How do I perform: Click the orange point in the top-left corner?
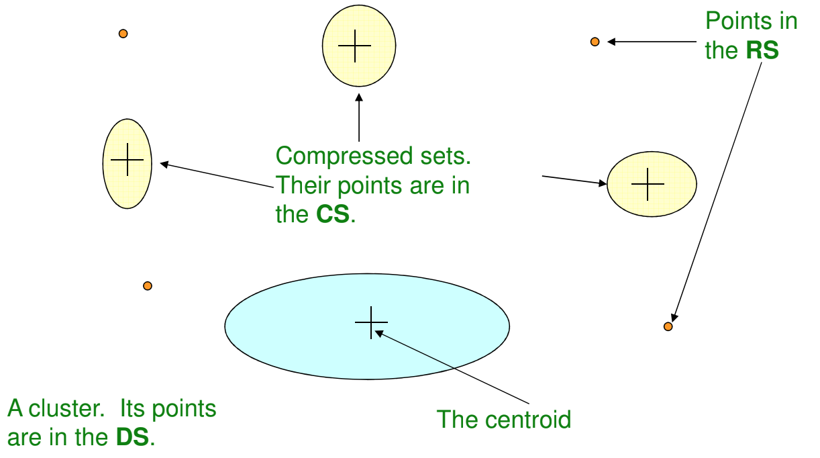123,34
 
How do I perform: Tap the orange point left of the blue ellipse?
148,286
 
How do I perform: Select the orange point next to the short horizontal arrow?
595,42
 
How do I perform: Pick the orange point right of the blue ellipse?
668,326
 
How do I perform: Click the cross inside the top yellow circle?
355,46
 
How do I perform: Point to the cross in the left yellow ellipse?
127,161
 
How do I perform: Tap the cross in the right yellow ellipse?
648,184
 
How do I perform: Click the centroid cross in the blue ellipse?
371,322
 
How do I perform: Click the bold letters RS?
763,51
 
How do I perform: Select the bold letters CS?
333,215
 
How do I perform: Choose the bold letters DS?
132,438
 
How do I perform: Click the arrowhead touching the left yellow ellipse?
163,164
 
